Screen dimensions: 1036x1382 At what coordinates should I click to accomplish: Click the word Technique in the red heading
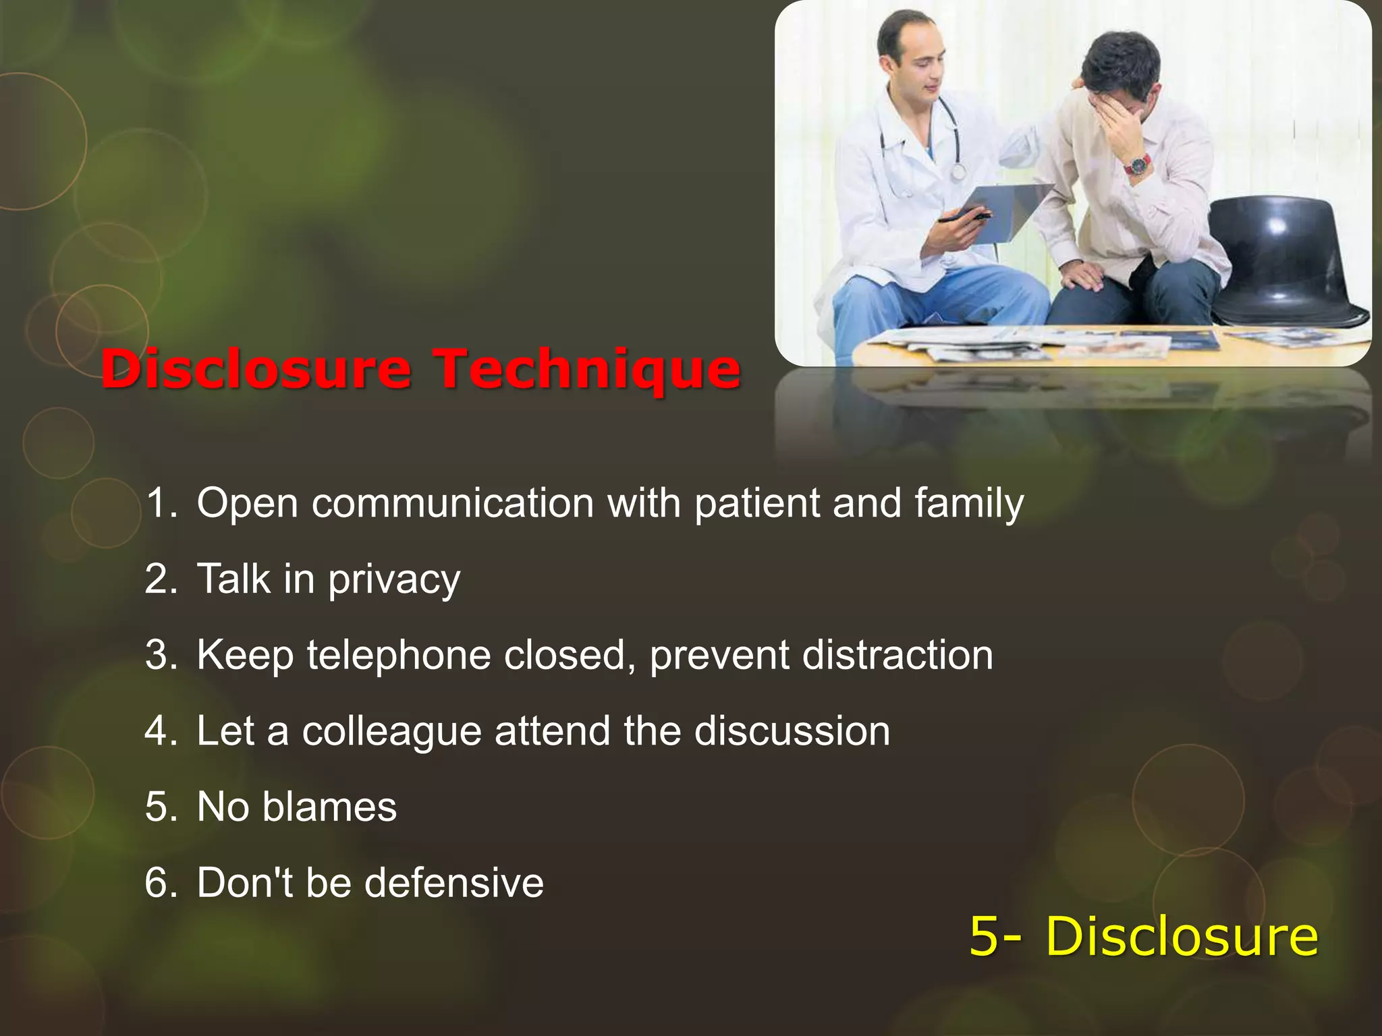click(586, 369)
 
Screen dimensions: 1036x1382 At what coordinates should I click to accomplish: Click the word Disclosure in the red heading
click(256, 369)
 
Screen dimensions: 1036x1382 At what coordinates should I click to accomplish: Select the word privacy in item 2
click(394, 580)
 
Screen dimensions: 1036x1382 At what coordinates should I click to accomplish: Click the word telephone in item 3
click(399, 656)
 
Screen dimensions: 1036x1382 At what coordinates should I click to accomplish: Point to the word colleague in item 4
click(391, 732)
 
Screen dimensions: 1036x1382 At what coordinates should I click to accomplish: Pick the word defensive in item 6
click(454, 883)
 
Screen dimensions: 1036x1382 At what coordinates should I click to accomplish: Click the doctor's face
click(918, 67)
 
